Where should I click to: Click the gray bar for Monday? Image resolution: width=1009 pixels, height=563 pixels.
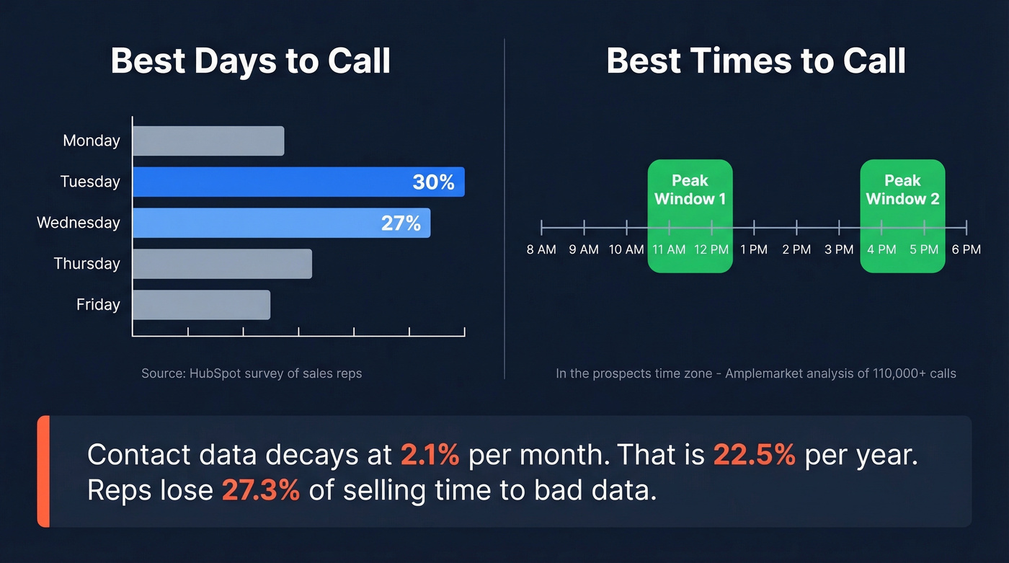pos(208,141)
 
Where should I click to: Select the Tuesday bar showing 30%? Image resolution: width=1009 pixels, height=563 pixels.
pos(298,182)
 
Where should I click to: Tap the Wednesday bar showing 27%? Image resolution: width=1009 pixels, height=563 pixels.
pos(281,223)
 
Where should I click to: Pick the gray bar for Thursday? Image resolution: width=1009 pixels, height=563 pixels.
pos(222,264)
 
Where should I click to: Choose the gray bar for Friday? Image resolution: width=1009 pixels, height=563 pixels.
pos(201,305)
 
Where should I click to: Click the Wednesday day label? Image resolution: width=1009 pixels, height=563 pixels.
pos(79,223)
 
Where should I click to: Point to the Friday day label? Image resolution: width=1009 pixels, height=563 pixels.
pos(98,305)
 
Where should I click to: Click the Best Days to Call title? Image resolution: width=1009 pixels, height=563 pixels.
pos(251,61)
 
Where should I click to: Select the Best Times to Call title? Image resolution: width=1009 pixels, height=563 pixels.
pos(756,61)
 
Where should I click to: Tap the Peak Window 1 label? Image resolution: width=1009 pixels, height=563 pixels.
pos(690,190)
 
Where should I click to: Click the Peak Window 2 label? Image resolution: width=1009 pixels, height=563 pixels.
pos(902,190)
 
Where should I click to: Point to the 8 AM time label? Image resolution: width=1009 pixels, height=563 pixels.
pos(541,249)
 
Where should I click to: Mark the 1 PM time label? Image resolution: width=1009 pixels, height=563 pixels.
pos(754,249)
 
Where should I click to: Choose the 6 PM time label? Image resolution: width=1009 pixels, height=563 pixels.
pos(966,249)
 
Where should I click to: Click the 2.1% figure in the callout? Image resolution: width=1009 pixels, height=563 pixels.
pos(430,455)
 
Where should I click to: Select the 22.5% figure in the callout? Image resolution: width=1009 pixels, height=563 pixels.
pos(755,455)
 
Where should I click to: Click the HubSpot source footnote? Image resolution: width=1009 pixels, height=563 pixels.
pos(252,373)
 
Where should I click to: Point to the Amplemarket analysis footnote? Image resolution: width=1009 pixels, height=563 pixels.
pos(756,373)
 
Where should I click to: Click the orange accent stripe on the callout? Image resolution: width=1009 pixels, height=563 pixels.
pos(43,471)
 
